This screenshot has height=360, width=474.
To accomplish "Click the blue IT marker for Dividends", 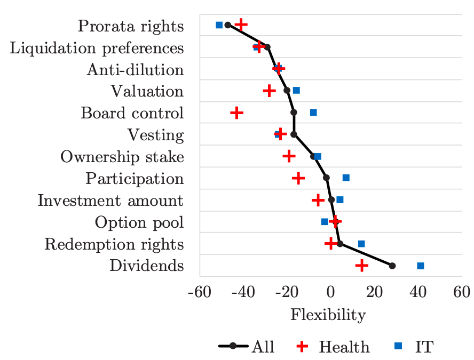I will (420, 266).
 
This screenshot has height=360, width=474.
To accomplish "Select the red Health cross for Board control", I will (236, 113).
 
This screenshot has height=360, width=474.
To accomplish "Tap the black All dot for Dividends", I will (392, 266).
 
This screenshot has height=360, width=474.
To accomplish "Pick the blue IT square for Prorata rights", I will (219, 25).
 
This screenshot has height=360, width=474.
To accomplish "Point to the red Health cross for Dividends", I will (362, 266).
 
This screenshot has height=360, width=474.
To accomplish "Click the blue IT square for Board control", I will (313, 113).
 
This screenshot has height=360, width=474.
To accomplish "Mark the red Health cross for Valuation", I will (270, 91).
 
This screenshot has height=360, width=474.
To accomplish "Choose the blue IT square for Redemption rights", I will (361, 244).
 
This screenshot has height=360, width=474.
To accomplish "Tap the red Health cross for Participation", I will (299, 178).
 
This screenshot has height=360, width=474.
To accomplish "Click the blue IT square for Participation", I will (346, 178).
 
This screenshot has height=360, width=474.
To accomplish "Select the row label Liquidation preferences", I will (97, 48).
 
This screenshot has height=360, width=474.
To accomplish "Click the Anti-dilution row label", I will (135, 70).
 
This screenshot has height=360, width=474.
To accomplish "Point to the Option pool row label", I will (139, 222).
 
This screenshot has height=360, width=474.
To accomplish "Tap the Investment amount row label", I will (110, 201).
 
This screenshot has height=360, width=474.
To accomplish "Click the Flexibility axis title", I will (328, 315).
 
